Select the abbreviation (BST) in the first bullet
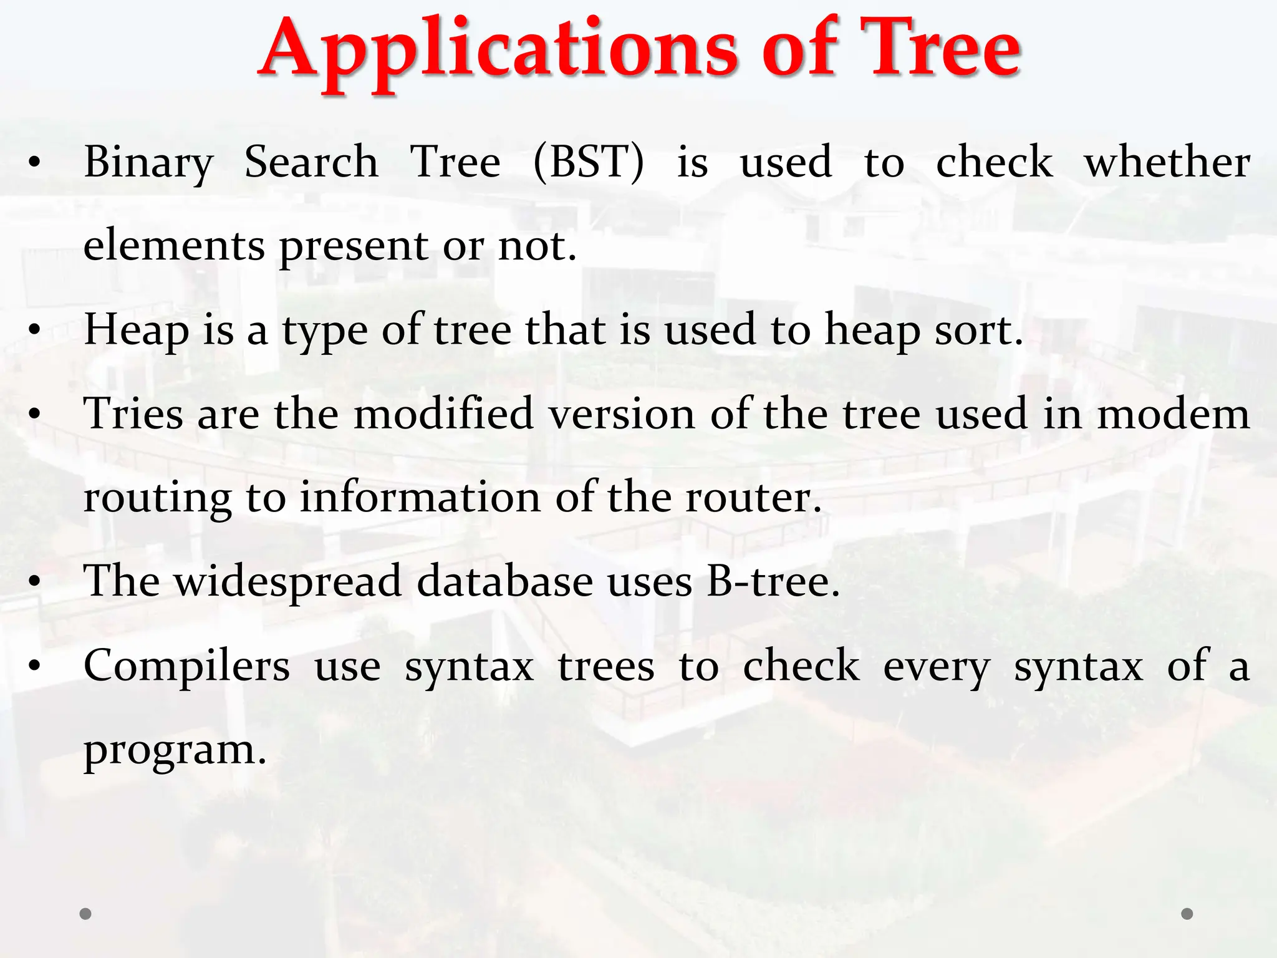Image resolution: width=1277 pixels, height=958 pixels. coord(589,162)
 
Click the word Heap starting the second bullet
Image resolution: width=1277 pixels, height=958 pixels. coord(136,331)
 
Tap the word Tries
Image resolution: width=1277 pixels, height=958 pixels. coord(133,414)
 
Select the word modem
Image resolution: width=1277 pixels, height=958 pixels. coord(1173,415)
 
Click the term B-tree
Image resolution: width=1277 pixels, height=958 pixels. coord(773,582)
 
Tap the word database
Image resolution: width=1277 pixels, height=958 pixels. coord(504,582)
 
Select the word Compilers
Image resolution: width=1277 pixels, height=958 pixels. coord(186,667)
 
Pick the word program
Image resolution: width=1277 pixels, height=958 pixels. coord(175,750)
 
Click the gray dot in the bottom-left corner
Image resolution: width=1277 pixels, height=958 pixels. coord(85,914)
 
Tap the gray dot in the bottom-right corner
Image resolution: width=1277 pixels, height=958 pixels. coord(1187,914)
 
